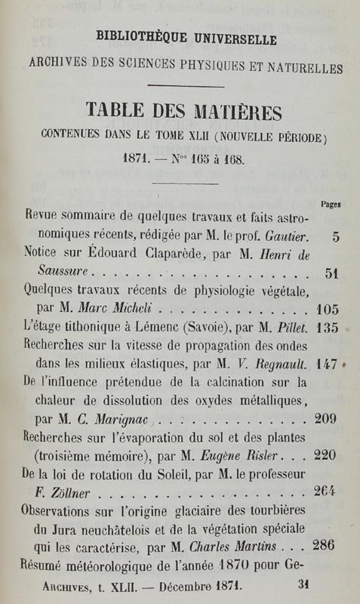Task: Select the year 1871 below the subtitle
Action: [137, 161]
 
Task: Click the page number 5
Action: [335, 236]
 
